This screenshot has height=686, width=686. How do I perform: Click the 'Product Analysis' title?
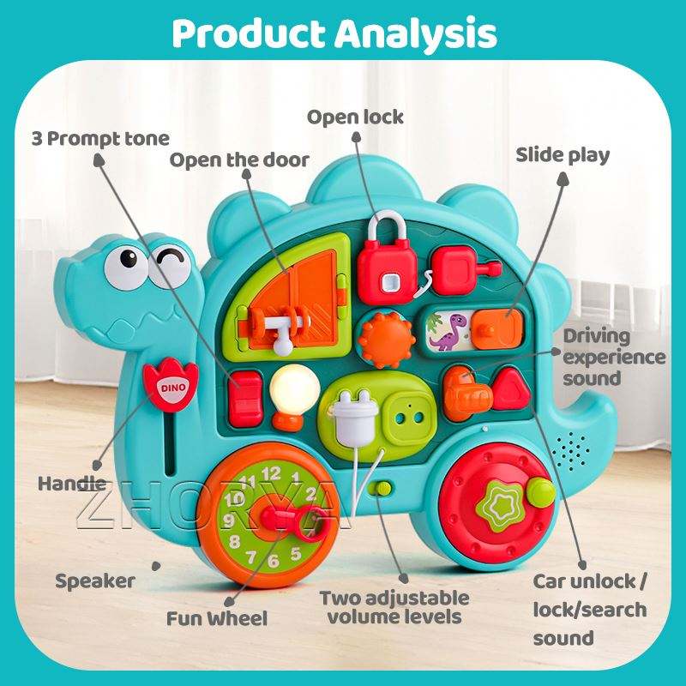pyautogui.click(x=334, y=33)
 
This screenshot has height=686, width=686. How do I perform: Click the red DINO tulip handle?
pyautogui.click(x=171, y=385)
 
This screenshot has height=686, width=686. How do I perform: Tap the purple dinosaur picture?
pyautogui.click(x=447, y=332)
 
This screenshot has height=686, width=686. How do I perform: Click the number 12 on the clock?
pyautogui.click(x=271, y=474)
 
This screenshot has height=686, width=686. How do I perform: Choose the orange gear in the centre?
pyautogui.click(x=387, y=340)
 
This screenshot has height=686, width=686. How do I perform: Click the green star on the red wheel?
pyautogui.click(x=500, y=506)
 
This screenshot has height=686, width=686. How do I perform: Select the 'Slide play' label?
pyautogui.click(x=563, y=155)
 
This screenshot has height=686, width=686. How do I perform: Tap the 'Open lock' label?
pyautogui.click(x=355, y=117)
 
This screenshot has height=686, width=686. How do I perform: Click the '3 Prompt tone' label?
pyautogui.click(x=100, y=139)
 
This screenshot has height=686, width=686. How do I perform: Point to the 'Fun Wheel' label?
pyautogui.click(x=217, y=618)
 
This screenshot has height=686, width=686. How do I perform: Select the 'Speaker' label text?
pyautogui.click(x=95, y=581)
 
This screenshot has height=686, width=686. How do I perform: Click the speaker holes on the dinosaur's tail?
pyautogui.click(x=571, y=451)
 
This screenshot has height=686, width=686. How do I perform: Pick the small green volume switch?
pyautogui.click(x=382, y=488)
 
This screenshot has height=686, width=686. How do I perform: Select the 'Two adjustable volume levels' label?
pyautogui.click(x=394, y=607)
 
